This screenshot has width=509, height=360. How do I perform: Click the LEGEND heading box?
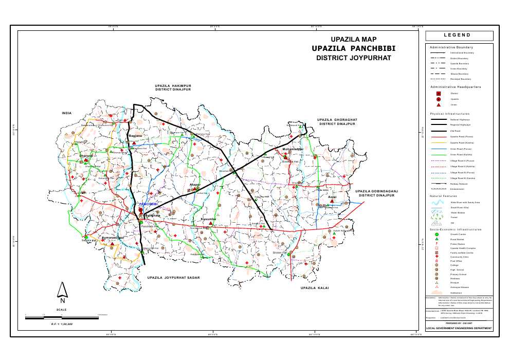[459, 35]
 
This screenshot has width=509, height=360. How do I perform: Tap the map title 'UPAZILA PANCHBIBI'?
[354, 48]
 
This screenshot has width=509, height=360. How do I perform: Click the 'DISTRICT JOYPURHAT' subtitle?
[354, 58]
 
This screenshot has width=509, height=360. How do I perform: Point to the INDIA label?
[66, 113]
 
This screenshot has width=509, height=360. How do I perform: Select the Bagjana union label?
[135, 136]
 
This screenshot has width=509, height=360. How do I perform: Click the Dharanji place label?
[86, 155]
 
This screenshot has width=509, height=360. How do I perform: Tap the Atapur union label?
[195, 184]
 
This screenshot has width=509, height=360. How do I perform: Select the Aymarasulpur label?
[112, 238]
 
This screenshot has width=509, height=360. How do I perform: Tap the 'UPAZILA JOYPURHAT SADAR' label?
[173, 278]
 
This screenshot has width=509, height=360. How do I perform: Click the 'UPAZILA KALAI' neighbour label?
[314, 289]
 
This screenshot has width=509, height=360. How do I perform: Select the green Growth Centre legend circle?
[437, 234]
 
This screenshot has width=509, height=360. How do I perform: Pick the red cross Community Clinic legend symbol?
[437, 256]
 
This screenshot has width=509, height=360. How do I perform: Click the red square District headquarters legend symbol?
[439, 93]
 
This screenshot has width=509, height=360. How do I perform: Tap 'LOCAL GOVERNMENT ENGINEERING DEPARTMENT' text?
[459, 328]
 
